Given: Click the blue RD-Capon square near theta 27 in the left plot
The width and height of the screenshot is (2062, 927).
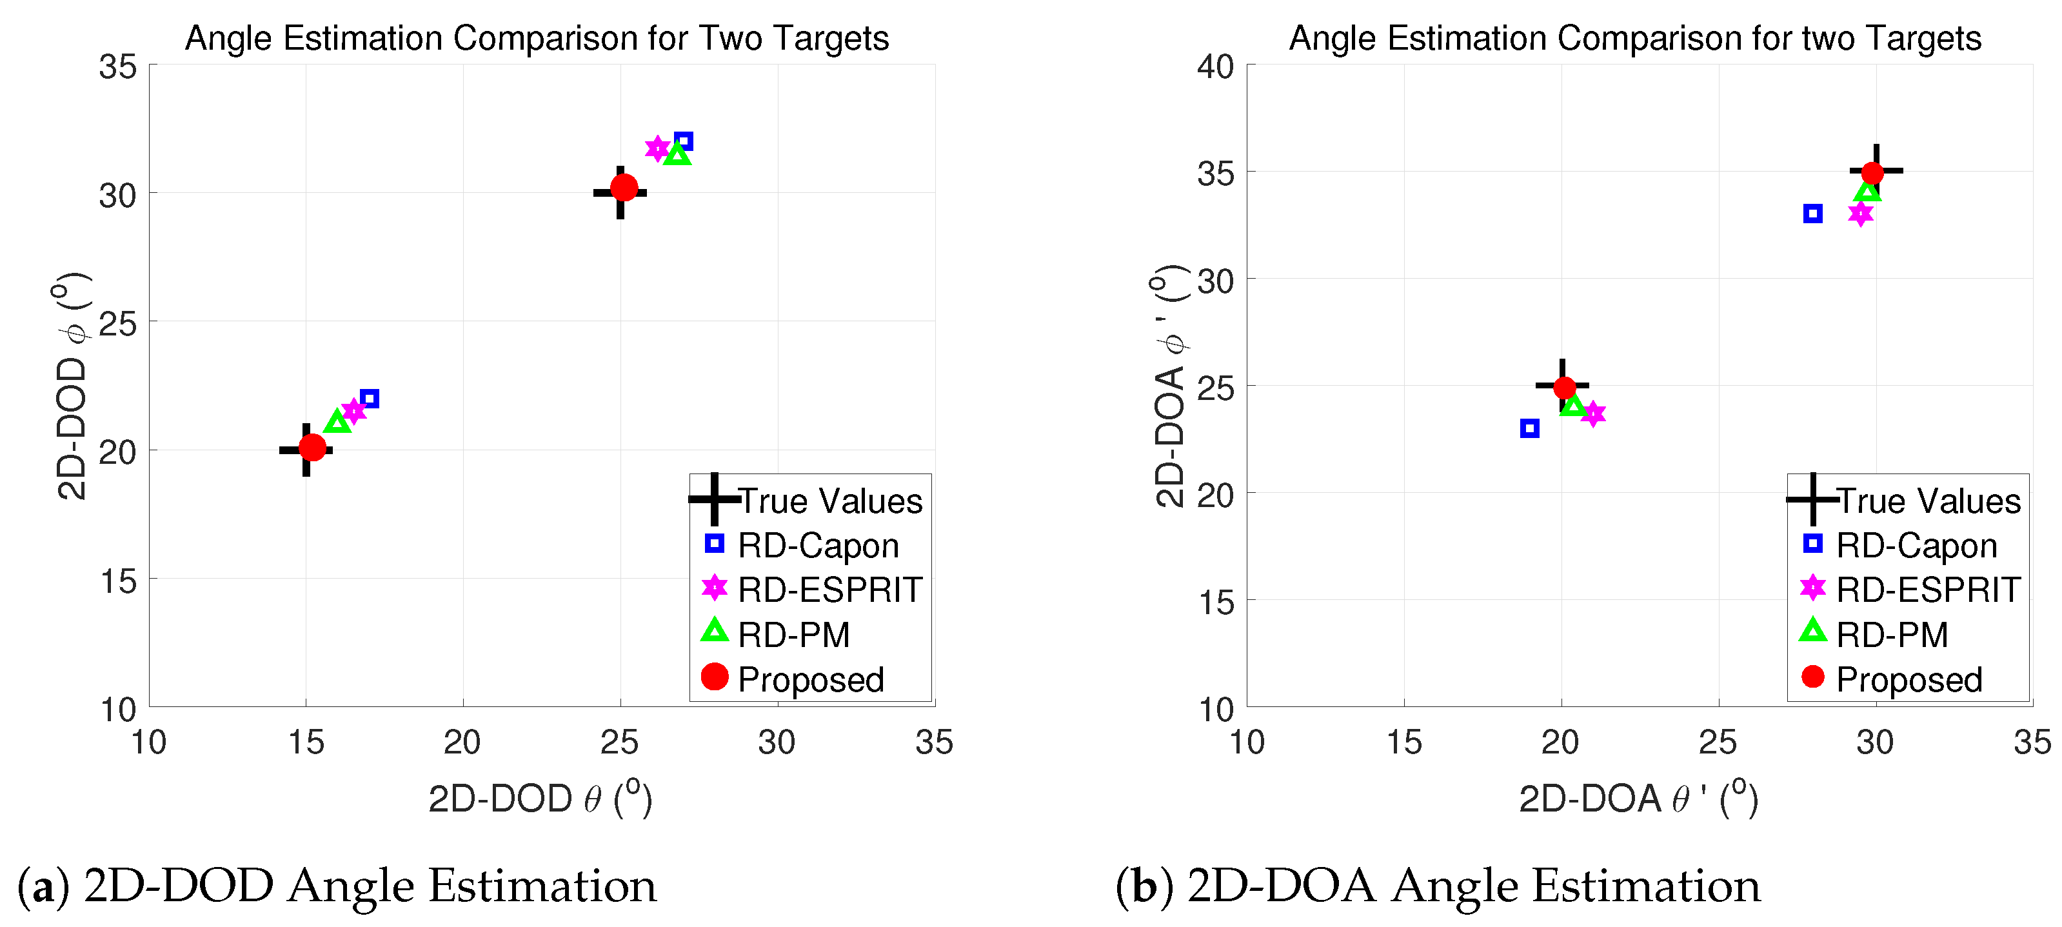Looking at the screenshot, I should tap(683, 141).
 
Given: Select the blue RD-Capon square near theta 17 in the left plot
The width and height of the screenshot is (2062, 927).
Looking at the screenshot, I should tap(369, 398).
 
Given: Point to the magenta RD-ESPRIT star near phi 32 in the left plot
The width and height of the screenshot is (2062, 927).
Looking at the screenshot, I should tap(657, 148).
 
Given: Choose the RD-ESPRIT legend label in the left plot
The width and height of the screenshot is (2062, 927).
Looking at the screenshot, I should tap(829, 590).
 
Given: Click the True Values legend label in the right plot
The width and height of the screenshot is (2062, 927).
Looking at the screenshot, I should tap(1927, 501).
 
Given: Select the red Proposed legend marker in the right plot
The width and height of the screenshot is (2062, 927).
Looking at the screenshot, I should tap(1812, 677).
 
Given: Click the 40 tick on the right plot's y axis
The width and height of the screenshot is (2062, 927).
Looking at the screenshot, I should tap(1215, 66).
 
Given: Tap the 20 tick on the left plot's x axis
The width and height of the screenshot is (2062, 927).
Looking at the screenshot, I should tap(462, 743).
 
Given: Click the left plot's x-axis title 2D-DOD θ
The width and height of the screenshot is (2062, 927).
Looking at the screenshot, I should tap(540, 799).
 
